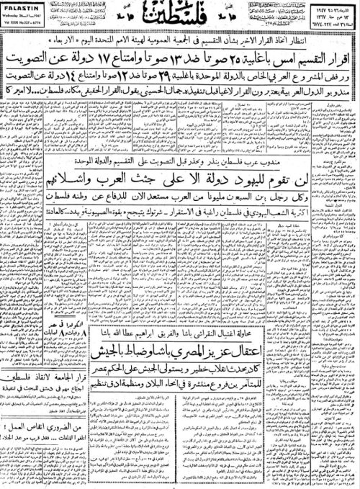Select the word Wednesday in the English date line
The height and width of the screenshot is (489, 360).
(17, 13)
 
